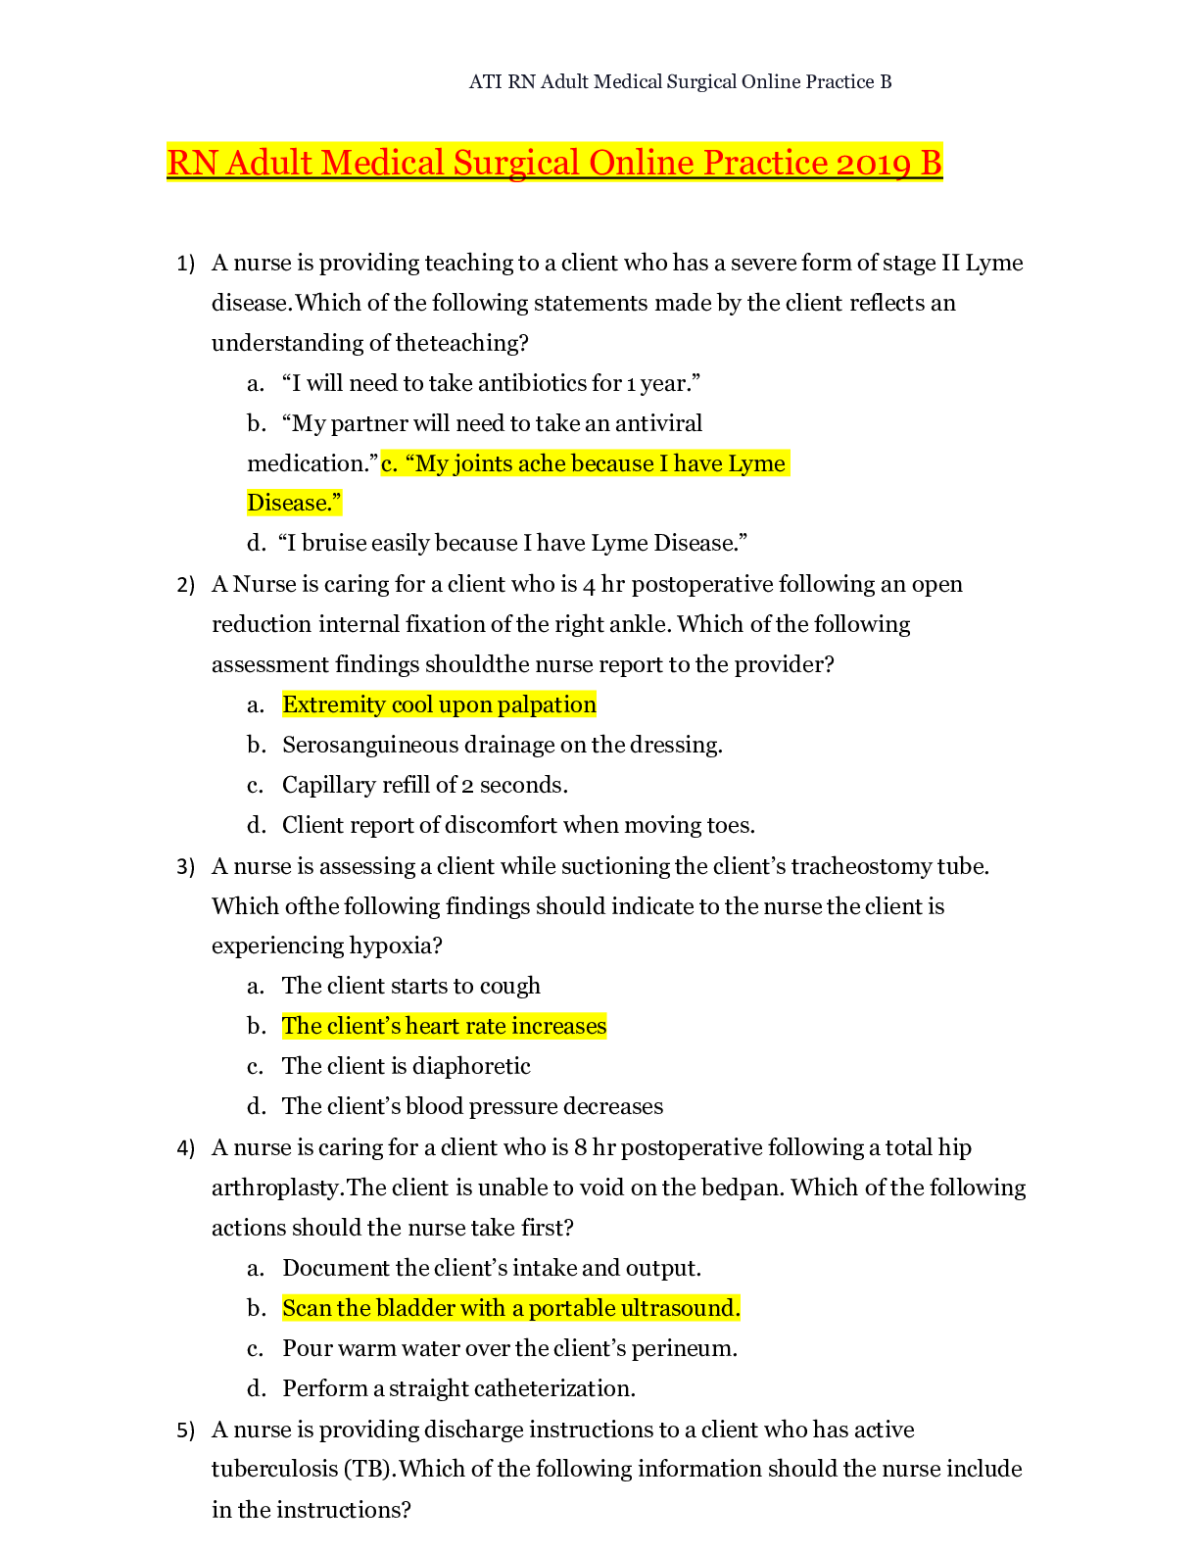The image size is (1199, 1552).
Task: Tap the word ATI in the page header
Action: (485, 82)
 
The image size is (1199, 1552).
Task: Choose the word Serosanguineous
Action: (369, 745)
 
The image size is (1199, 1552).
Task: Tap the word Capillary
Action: (328, 785)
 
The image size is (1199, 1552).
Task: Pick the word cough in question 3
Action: (510, 986)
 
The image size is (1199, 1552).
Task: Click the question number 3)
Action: (186, 867)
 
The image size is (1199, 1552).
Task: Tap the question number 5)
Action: (186, 1431)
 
